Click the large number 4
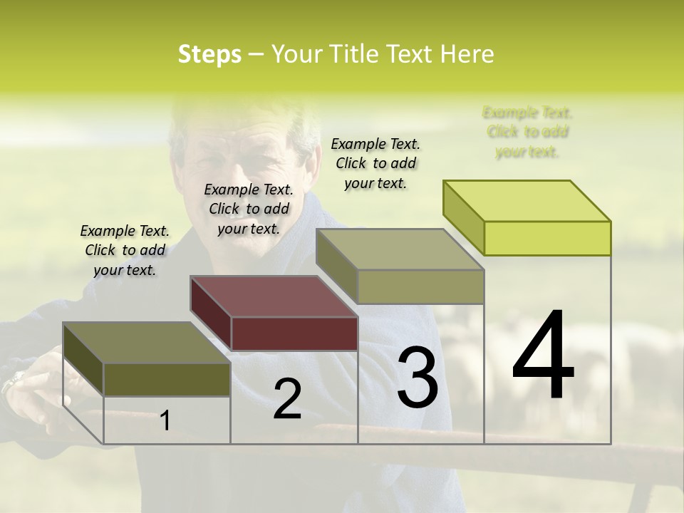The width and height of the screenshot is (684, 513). (x=543, y=356)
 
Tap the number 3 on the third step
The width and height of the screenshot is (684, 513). (x=417, y=377)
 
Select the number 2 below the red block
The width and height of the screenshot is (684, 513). (x=287, y=399)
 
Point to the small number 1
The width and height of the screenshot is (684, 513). (x=165, y=421)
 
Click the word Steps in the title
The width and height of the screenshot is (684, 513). (x=209, y=54)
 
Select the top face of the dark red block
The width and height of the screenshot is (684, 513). (x=274, y=296)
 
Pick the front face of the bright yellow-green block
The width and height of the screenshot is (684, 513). (x=547, y=238)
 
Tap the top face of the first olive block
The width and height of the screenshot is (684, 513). (x=147, y=343)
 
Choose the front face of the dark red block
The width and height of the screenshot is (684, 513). (x=294, y=333)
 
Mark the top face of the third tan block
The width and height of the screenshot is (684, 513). (x=400, y=249)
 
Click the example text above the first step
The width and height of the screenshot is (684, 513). (x=125, y=250)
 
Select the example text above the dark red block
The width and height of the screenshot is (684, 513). (x=249, y=209)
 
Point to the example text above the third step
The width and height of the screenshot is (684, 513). (x=375, y=163)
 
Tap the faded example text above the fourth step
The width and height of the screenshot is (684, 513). (x=527, y=132)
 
